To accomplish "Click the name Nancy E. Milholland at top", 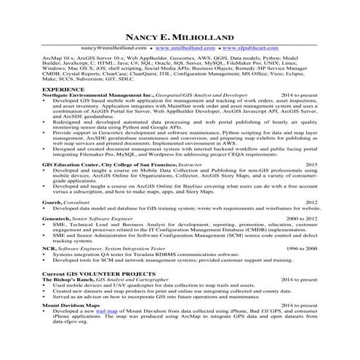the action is point(180,36).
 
